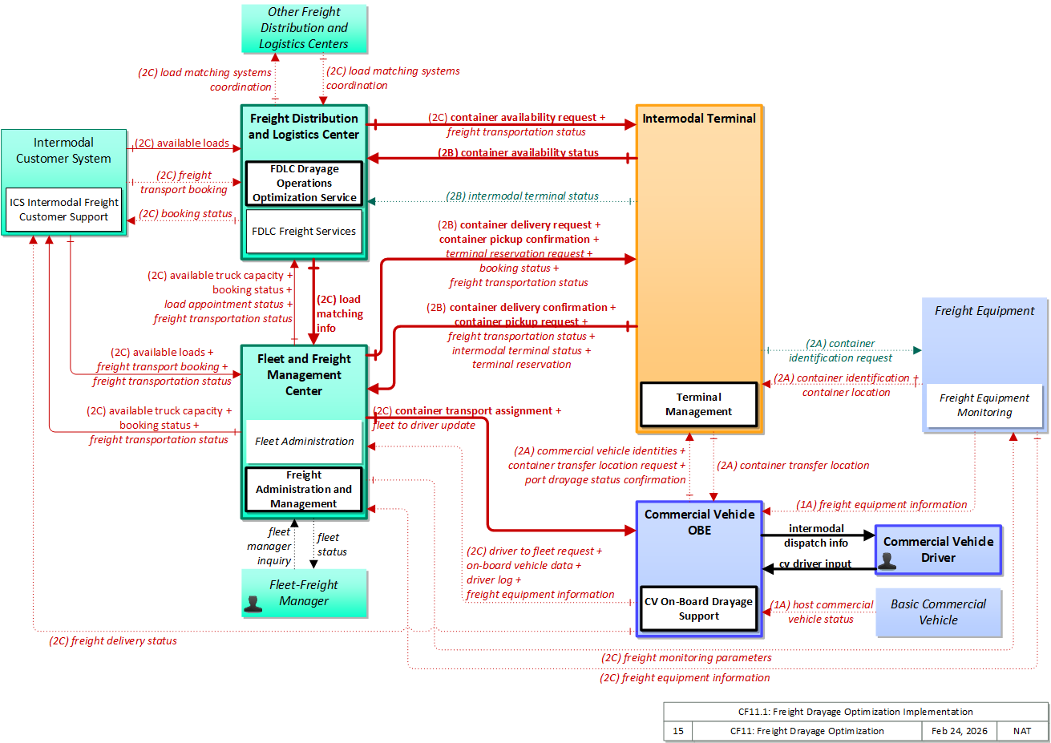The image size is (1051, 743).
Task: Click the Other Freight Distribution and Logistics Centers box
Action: [x=304, y=28]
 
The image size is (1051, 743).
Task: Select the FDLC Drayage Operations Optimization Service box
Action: [x=304, y=183]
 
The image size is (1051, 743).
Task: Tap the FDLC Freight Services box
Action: [x=304, y=231]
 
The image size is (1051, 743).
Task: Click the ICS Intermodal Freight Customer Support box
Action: [x=64, y=209]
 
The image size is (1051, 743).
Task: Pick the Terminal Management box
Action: [x=698, y=404]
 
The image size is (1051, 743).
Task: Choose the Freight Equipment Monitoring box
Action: [x=984, y=406]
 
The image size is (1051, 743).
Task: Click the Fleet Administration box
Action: [x=304, y=441]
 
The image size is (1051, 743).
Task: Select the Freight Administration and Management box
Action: [x=304, y=489]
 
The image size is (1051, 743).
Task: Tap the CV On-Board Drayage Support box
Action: [x=698, y=608]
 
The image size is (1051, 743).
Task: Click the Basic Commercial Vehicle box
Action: [x=939, y=612]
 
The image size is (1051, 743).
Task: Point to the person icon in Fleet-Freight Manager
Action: [x=253, y=604]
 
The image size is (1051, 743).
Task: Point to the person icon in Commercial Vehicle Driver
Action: [x=887, y=561]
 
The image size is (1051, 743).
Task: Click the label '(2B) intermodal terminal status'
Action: [x=522, y=196]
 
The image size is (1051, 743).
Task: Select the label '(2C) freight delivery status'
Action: [x=113, y=640]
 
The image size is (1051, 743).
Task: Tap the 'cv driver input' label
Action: [x=815, y=563]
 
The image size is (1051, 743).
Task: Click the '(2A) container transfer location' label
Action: [x=793, y=466]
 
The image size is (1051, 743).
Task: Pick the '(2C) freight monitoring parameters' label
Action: [x=686, y=657]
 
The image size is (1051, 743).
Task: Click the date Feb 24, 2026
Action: [x=960, y=731]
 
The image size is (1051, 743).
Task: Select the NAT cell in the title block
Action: [x=1022, y=731]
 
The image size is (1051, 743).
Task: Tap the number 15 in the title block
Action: [x=678, y=731]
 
